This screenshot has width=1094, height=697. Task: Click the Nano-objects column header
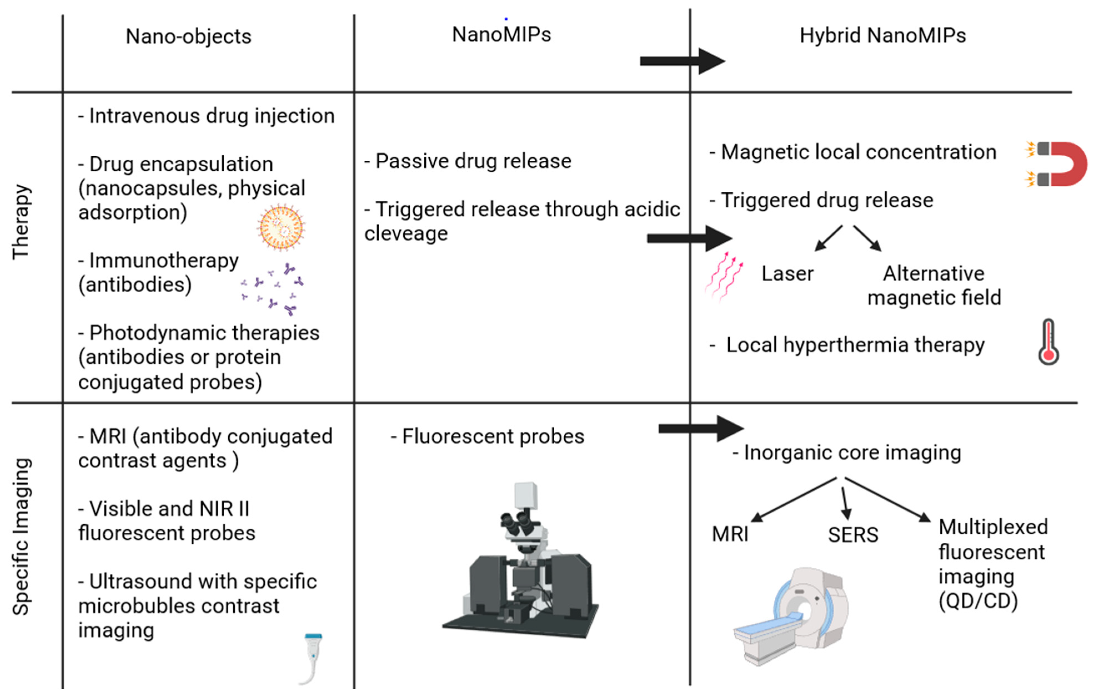click(x=188, y=36)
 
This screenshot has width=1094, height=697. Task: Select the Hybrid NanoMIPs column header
click(x=882, y=36)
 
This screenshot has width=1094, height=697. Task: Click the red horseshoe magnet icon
click(x=1058, y=163)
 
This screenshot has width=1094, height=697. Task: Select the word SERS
click(x=853, y=535)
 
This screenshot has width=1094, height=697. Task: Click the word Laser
click(x=787, y=274)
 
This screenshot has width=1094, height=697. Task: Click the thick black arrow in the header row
click(x=681, y=61)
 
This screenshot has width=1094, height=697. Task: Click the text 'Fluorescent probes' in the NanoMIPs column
click(x=493, y=436)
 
